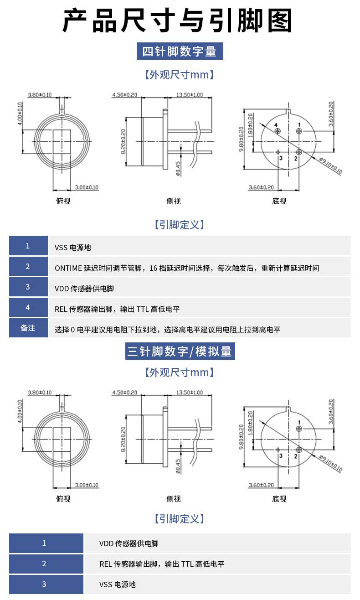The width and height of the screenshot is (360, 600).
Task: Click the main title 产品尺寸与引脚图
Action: (x=177, y=21)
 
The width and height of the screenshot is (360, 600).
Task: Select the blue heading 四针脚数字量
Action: (x=180, y=51)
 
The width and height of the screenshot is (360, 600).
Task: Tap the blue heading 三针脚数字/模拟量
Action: (x=180, y=351)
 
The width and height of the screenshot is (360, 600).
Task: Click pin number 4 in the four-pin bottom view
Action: (x=276, y=125)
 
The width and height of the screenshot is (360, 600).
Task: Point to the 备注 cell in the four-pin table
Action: (x=28, y=328)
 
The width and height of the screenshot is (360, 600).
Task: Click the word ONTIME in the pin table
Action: (x=68, y=268)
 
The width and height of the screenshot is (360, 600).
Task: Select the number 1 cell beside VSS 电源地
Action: (x=28, y=246)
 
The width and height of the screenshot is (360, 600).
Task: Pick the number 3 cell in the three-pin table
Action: (x=44, y=584)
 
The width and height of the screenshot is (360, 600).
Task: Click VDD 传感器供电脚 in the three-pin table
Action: (x=129, y=543)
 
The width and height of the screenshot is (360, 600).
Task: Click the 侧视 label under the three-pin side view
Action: (x=174, y=499)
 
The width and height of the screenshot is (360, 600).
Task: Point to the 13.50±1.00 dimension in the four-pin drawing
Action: (x=189, y=95)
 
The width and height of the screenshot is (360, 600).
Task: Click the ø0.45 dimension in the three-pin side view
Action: (x=178, y=466)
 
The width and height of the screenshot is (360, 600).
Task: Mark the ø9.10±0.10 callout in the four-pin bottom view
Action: (x=330, y=166)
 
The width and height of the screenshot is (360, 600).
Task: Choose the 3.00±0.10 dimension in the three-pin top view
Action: (x=87, y=485)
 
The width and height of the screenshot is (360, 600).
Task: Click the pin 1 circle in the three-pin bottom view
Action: (x=298, y=429)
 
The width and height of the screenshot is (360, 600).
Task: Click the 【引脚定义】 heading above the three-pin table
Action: (x=180, y=518)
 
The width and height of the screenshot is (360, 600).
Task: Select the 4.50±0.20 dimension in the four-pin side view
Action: (x=124, y=95)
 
